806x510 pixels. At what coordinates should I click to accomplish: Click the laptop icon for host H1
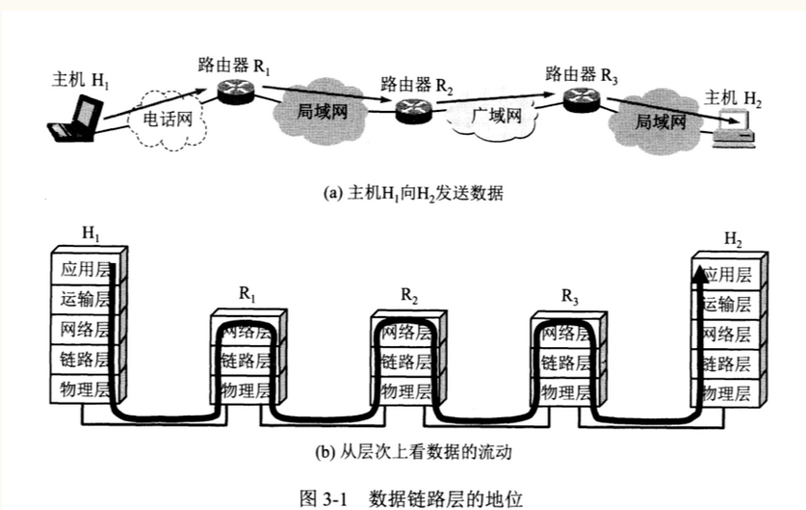[x=76, y=120]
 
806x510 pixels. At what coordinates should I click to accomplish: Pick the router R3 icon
[x=582, y=96]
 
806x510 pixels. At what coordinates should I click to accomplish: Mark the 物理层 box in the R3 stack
[x=565, y=391]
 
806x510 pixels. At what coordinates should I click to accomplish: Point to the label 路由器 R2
[x=416, y=85]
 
